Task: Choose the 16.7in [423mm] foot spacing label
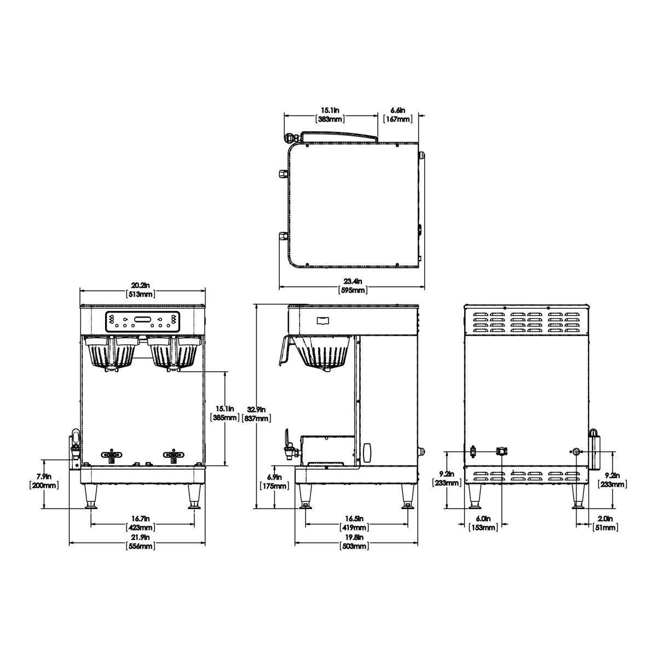141,523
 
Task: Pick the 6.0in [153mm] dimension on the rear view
484,523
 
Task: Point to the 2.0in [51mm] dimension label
606,523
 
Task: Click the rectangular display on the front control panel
142,320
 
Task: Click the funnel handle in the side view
285,350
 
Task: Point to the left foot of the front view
91,497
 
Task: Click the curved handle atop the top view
339,135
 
